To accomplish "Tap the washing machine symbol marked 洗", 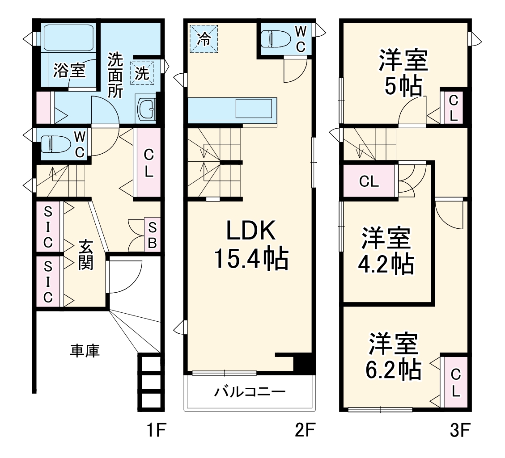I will point(142,74).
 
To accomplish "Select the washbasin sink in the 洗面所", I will point(147,109).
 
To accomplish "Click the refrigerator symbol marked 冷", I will point(204,38).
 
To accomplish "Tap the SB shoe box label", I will point(152,235).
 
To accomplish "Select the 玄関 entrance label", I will point(86,256).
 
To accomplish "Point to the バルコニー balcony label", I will point(249,393).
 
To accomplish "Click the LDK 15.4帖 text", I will point(250,246).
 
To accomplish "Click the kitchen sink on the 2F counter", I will point(254,109).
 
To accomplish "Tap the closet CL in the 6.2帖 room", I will point(455,382).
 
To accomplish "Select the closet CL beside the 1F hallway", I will point(149,163).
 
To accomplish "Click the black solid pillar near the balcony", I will point(304,363).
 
